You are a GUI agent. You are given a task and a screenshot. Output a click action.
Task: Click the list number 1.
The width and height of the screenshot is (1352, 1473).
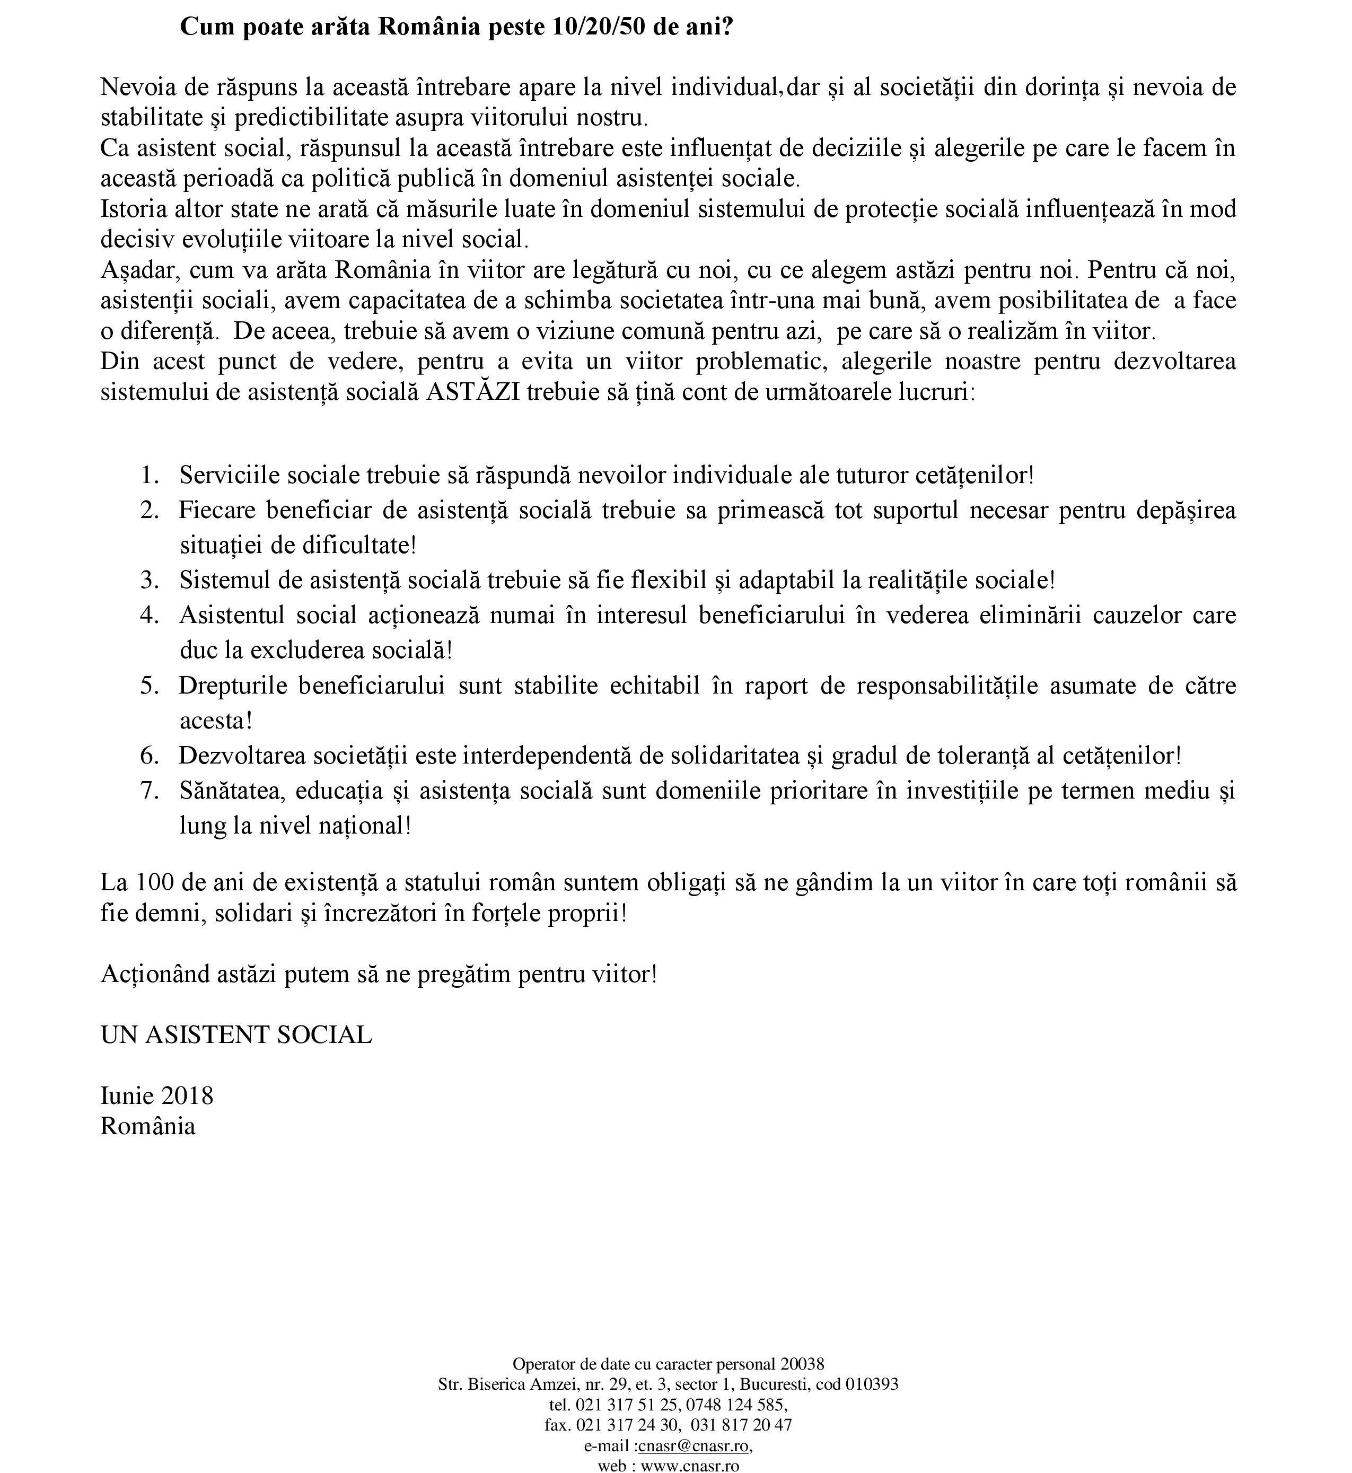pyautogui.click(x=149, y=476)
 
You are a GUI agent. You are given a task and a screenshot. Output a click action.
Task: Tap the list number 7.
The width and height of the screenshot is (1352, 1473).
pyautogui.click(x=149, y=791)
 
